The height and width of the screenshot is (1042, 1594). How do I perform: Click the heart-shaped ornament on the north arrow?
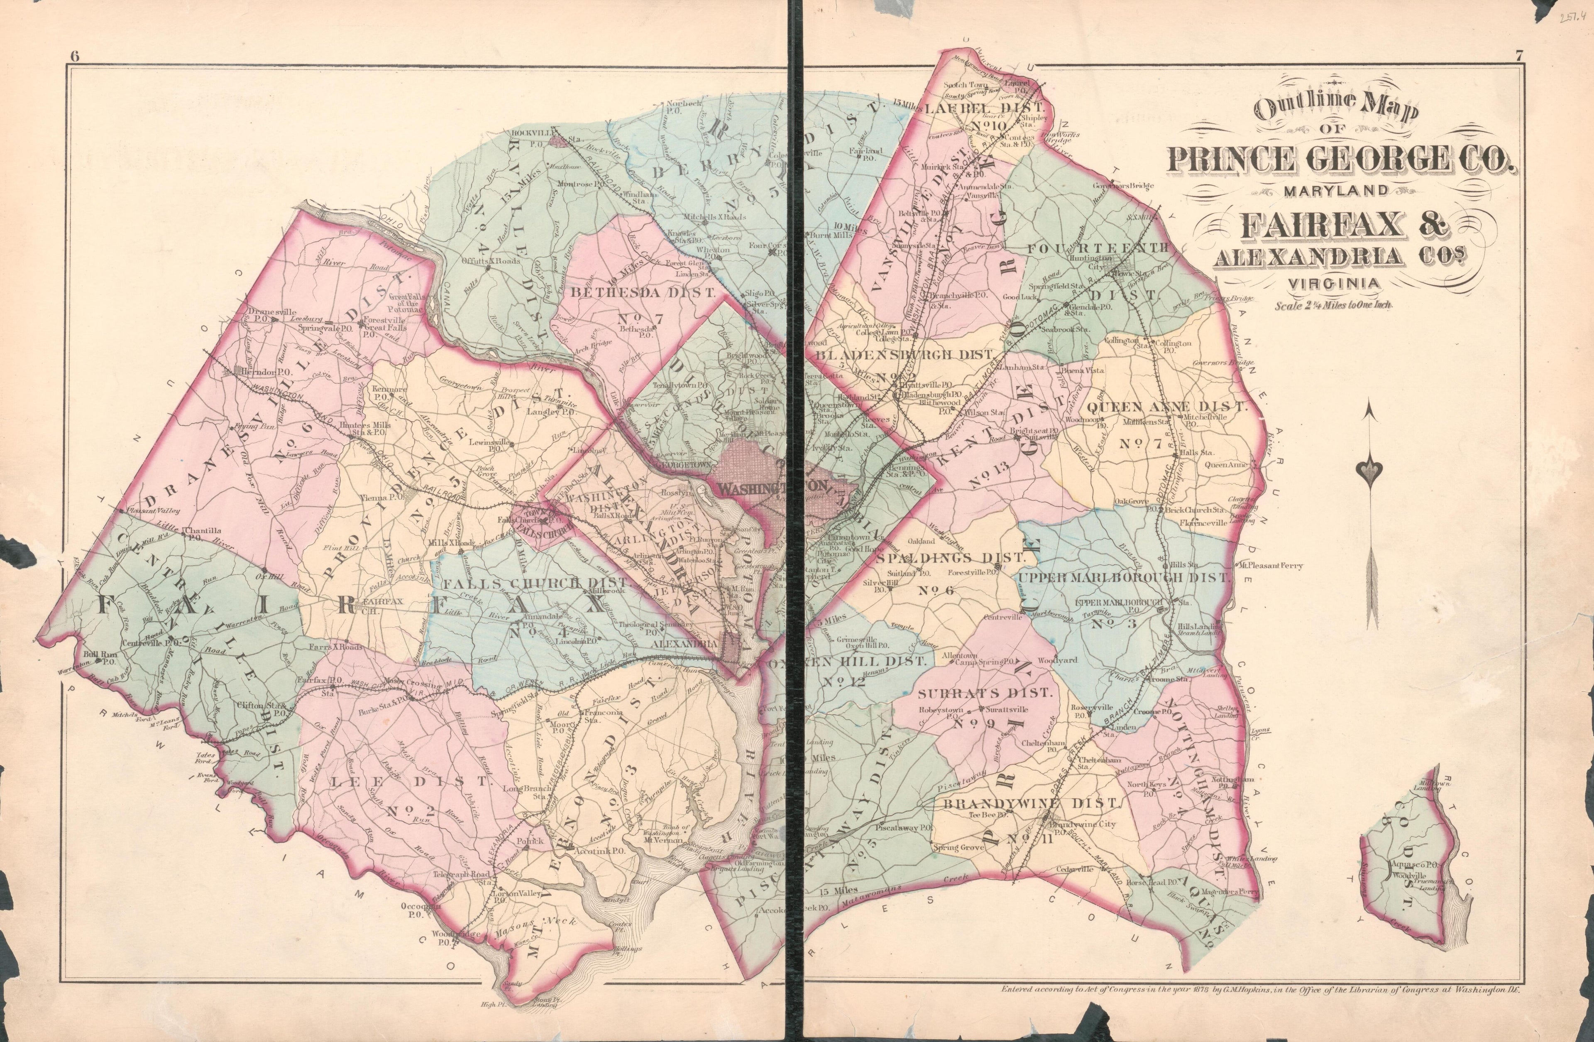click(x=1368, y=472)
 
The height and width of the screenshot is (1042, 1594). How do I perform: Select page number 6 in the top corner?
click(x=73, y=56)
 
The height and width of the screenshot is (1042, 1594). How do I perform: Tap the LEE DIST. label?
click(x=409, y=781)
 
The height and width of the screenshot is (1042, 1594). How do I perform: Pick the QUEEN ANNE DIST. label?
click(x=1167, y=406)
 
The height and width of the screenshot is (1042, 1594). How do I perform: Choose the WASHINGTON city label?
click(x=770, y=488)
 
